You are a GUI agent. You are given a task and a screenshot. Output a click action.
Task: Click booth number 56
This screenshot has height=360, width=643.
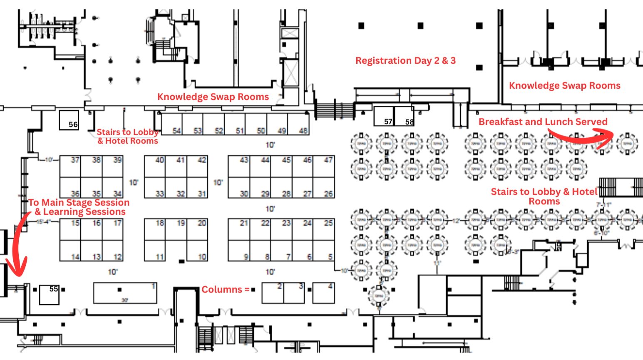[69, 120]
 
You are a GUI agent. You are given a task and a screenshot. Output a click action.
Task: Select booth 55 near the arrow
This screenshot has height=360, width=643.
[49, 295]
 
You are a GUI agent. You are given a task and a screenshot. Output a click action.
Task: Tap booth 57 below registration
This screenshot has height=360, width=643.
[384, 116]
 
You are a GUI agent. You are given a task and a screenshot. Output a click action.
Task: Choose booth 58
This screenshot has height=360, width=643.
[404, 116]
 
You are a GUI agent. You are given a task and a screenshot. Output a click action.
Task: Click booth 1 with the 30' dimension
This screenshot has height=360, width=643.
[125, 293]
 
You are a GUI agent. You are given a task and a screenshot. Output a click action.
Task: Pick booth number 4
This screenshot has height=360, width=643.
[323, 293]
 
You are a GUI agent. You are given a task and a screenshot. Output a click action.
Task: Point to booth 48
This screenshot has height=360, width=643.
[298, 124]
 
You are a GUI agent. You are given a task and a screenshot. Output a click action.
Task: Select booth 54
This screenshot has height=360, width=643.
[172, 124]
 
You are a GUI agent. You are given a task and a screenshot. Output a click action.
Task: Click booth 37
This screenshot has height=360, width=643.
[70, 166]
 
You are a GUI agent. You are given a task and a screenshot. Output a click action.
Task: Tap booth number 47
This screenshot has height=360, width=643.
[324, 166]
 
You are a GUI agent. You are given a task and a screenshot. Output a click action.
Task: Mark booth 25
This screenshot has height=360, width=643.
[324, 229]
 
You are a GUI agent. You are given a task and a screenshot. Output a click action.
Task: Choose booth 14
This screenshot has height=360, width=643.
[70, 251]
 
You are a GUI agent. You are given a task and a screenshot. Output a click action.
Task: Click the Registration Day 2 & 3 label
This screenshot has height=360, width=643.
[405, 61]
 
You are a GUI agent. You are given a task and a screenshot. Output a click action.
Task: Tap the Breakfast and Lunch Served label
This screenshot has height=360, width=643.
[543, 122]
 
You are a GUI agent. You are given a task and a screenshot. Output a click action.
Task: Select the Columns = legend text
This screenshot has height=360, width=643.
[225, 289]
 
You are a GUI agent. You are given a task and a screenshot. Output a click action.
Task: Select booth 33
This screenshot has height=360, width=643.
[155, 188]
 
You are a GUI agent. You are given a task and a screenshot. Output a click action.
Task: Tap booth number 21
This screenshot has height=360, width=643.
[239, 229]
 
